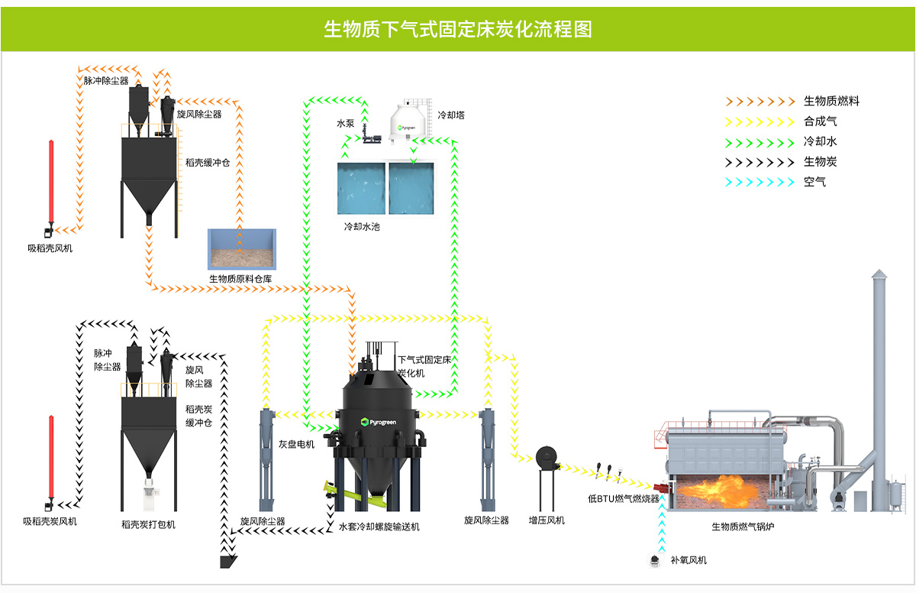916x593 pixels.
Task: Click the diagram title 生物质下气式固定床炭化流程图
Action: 458,30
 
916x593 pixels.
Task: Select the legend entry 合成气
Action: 820,122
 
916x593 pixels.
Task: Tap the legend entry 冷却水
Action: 820,141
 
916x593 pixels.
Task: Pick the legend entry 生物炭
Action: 820,162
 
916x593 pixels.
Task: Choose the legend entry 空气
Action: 814,182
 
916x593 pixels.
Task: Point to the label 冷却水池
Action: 363,227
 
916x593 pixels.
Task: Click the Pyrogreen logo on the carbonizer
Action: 379,422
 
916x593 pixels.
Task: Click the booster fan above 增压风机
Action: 547,458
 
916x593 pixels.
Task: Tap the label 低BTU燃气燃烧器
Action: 623,498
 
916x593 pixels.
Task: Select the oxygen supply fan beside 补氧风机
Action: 655,560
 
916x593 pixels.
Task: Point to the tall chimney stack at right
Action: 879,382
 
